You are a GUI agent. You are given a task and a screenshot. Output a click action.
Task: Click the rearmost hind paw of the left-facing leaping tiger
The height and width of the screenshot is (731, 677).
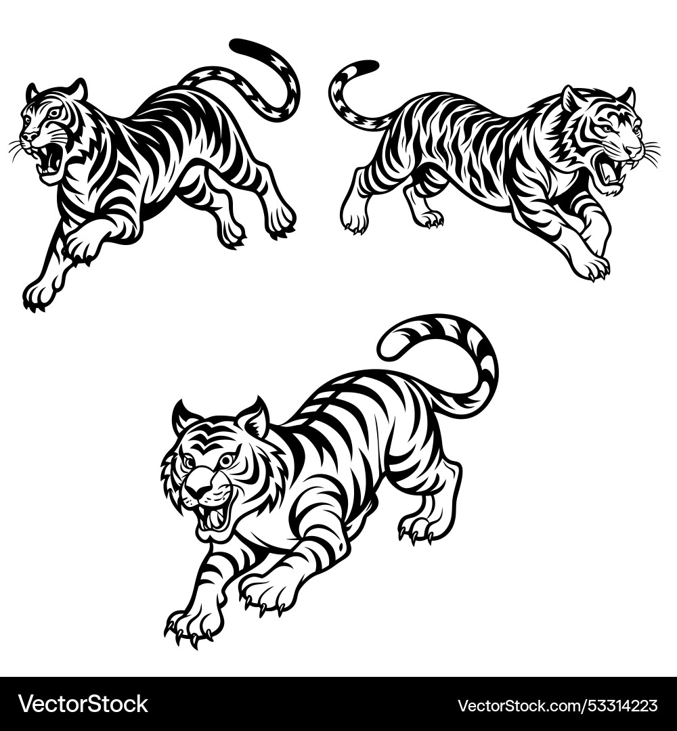(x=282, y=220)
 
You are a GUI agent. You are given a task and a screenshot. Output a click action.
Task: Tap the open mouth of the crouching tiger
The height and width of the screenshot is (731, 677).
(x=215, y=518)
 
